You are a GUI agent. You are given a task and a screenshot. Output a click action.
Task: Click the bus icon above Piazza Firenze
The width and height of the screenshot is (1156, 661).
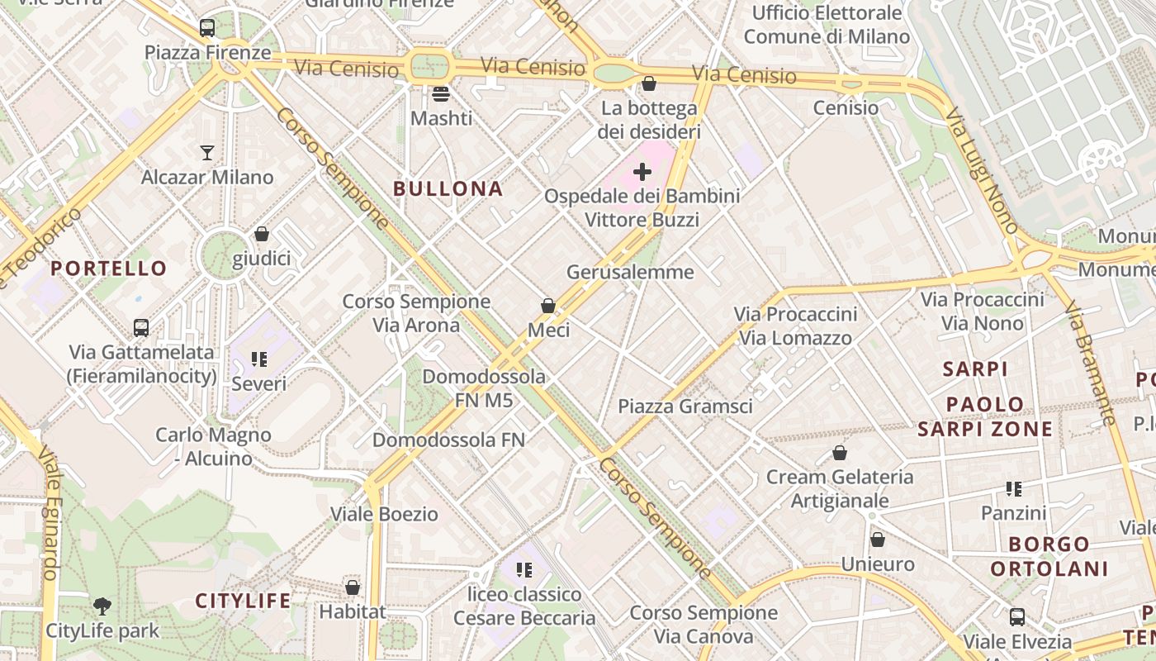click(x=207, y=28)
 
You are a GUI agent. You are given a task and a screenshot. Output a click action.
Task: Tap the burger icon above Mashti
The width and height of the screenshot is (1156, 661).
click(x=441, y=93)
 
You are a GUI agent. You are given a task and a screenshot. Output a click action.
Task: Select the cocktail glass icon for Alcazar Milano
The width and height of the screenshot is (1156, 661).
click(x=206, y=152)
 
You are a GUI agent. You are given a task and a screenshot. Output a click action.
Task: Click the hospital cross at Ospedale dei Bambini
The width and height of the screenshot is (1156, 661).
click(x=642, y=172)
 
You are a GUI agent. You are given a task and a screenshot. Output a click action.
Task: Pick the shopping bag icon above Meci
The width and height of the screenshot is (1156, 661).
click(x=547, y=306)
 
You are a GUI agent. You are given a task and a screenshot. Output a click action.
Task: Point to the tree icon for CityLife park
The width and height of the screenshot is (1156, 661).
click(x=102, y=606)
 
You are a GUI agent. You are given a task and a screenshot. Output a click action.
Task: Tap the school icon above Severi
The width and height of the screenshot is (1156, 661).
click(x=259, y=359)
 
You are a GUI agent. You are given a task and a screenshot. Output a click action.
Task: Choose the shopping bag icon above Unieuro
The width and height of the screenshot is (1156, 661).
click(x=878, y=540)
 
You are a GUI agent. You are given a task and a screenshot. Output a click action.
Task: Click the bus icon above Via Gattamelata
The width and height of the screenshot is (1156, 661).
click(x=141, y=328)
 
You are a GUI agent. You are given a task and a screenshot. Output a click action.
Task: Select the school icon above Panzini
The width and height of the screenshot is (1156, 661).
click(x=1014, y=489)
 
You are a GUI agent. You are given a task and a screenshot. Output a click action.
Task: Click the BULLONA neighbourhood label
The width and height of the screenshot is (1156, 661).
click(x=448, y=188)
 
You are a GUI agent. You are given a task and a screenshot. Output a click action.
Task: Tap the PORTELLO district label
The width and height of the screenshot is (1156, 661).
click(x=108, y=268)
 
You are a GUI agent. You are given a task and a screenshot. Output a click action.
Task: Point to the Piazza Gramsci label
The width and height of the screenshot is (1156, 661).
click(x=685, y=407)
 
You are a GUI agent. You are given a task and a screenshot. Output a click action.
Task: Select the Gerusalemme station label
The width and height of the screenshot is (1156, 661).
click(x=630, y=272)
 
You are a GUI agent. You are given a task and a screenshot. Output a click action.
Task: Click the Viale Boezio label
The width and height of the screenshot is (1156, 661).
click(x=384, y=514)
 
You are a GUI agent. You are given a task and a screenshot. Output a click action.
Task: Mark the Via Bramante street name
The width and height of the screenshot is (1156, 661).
click(x=1091, y=364)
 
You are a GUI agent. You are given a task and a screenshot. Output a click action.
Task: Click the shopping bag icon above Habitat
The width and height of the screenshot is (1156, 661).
click(x=353, y=587)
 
